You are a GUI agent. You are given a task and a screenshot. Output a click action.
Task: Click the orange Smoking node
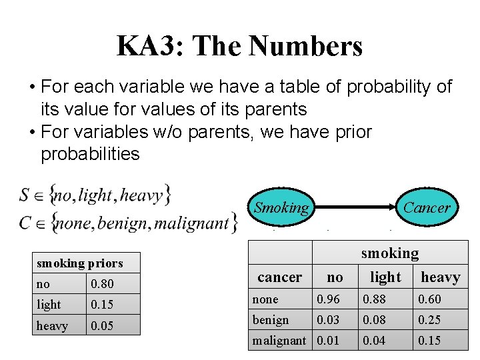point(281,207)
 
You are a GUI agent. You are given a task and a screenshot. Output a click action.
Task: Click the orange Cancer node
point(427,207)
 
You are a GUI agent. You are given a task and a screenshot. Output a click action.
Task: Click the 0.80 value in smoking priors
point(102,284)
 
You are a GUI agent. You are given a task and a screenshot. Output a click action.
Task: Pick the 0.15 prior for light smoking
point(102,305)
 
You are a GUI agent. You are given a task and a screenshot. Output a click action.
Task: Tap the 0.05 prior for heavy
point(102,326)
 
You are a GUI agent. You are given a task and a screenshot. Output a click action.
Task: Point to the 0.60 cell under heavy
point(431,299)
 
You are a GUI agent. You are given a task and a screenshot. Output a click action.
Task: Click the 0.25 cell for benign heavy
point(431,320)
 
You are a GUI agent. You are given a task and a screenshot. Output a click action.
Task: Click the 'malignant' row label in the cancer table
point(279,341)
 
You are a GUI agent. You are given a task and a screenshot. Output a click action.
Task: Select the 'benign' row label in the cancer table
point(271,320)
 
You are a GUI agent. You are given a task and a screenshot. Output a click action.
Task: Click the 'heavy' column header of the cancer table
point(440,277)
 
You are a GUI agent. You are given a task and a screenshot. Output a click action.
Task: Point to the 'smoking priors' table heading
point(79,263)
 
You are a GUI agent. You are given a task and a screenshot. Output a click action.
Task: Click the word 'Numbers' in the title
point(305,46)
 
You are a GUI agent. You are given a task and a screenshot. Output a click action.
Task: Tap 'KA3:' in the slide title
point(149,46)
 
